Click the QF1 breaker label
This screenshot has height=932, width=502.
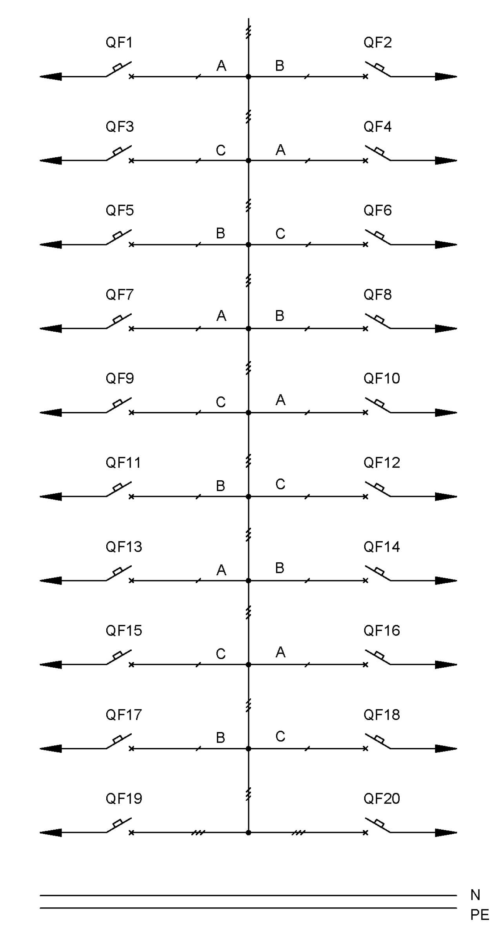tap(119, 42)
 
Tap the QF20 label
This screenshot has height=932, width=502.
tap(382, 798)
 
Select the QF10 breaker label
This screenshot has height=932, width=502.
tap(382, 378)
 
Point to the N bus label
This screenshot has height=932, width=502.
tap(475, 895)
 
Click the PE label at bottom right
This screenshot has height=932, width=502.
tap(480, 915)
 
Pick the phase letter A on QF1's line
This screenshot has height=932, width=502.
tap(221, 65)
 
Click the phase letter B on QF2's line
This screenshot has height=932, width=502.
tap(280, 65)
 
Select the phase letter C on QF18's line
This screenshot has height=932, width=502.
tap(280, 736)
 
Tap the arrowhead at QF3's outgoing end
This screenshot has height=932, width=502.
tap(51, 160)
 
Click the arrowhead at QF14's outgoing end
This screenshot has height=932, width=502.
tap(446, 581)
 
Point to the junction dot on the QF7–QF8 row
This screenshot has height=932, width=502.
tap(248, 329)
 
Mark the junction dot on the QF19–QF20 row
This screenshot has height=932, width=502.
tap(248, 832)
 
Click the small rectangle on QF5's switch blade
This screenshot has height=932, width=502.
tap(117, 235)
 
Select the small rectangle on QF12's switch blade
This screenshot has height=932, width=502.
tap(379, 487)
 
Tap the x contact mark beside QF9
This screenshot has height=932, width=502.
tap(131, 412)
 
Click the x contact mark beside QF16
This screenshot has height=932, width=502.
tap(366, 665)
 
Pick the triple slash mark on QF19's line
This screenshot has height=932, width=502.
tap(198, 832)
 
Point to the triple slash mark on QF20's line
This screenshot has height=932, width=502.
tap(298, 832)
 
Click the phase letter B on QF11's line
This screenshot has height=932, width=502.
tap(220, 486)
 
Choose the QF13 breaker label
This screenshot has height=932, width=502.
tap(124, 547)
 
